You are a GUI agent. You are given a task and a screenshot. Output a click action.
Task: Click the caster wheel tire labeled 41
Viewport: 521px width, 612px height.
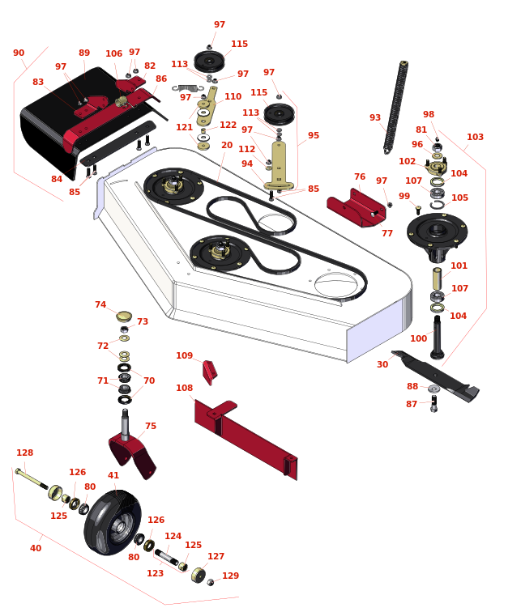[x=113, y=522]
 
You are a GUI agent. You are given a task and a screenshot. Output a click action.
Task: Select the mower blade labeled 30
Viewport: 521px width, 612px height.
[x=435, y=376]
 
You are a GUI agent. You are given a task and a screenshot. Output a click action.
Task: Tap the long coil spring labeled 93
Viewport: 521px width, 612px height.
[x=395, y=108]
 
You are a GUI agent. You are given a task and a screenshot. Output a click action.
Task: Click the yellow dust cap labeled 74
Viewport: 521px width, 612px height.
[x=124, y=316]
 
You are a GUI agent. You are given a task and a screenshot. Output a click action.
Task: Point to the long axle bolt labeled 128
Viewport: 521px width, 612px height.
[x=32, y=478]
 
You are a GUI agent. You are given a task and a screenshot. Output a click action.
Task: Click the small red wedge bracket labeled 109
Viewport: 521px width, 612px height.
[x=209, y=372]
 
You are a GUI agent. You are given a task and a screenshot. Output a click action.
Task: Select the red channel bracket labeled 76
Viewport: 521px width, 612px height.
[x=357, y=208]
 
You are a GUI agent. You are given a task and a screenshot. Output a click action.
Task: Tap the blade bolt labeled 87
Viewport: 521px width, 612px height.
[x=434, y=403]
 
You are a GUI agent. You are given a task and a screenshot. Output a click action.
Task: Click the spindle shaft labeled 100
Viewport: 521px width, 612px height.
[x=437, y=338]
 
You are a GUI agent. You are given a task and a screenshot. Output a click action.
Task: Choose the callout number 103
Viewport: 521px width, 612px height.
[x=475, y=137]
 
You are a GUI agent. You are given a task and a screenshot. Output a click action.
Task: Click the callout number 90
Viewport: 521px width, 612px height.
[x=19, y=53]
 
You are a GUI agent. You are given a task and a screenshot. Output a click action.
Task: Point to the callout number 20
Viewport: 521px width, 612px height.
[x=227, y=145]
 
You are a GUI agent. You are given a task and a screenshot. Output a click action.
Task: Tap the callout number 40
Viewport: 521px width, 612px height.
[x=36, y=548]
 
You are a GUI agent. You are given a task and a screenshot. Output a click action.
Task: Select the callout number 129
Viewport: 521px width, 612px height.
[x=230, y=576]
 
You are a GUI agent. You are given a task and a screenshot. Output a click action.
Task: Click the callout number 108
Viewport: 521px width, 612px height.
[x=185, y=388]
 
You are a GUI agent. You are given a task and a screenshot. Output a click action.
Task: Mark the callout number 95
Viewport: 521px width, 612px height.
[x=314, y=135]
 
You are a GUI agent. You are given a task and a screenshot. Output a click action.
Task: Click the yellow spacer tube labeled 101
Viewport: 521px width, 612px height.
[x=437, y=278]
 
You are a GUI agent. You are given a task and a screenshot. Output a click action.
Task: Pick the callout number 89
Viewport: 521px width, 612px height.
[x=84, y=53]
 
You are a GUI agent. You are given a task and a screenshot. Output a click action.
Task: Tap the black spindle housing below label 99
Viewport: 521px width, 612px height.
[x=437, y=236]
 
